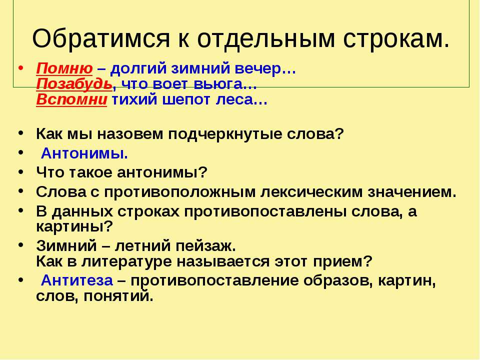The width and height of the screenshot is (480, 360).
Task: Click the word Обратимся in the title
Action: click(x=100, y=39)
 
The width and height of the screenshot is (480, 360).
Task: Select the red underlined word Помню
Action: click(x=64, y=69)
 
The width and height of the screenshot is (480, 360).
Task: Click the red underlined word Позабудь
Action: click(x=74, y=84)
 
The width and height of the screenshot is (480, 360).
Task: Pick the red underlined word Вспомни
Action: click(x=71, y=99)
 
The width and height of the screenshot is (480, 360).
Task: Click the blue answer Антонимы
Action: click(x=84, y=153)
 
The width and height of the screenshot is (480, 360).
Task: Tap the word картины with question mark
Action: click(x=74, y=227)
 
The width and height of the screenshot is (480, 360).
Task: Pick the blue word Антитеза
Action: click(x=77, y=280)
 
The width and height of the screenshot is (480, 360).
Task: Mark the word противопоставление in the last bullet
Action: click(x=214, y=281)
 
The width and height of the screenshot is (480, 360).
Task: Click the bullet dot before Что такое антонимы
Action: click(x=20, y=171)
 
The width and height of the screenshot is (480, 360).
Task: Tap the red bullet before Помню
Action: click(x=20, y=67)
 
